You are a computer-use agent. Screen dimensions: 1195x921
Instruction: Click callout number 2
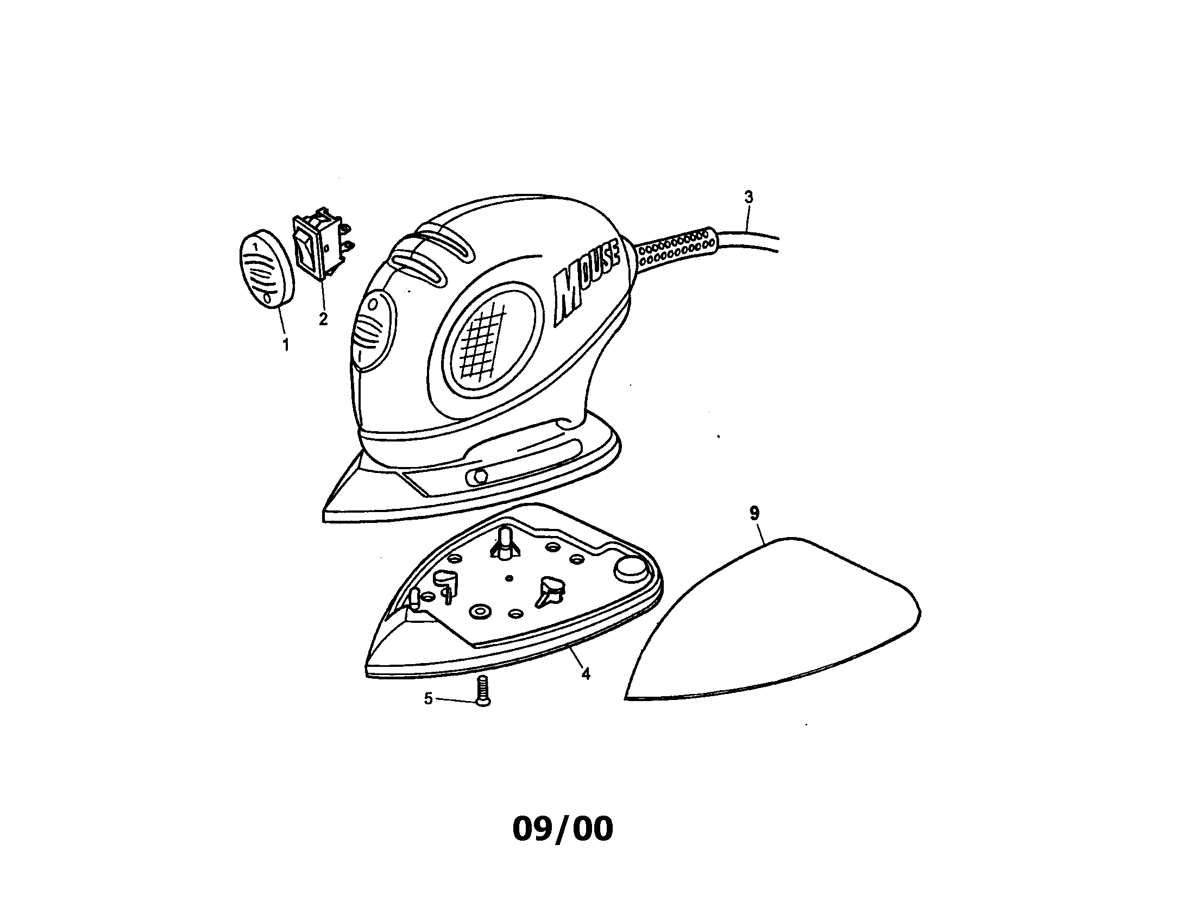pyautogui.click(x=323, y=319)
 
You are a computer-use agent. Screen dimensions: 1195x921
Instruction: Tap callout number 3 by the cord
pyautogui.click(x=749, y=197)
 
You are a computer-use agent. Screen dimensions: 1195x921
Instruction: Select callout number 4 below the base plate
pyautogui.click(x=586, y=674)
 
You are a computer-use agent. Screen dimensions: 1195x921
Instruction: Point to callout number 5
pyautogui.click(x=429, y=698)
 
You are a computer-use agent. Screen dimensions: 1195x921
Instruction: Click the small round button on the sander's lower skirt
pyautogui.click(x=476, y=476)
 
